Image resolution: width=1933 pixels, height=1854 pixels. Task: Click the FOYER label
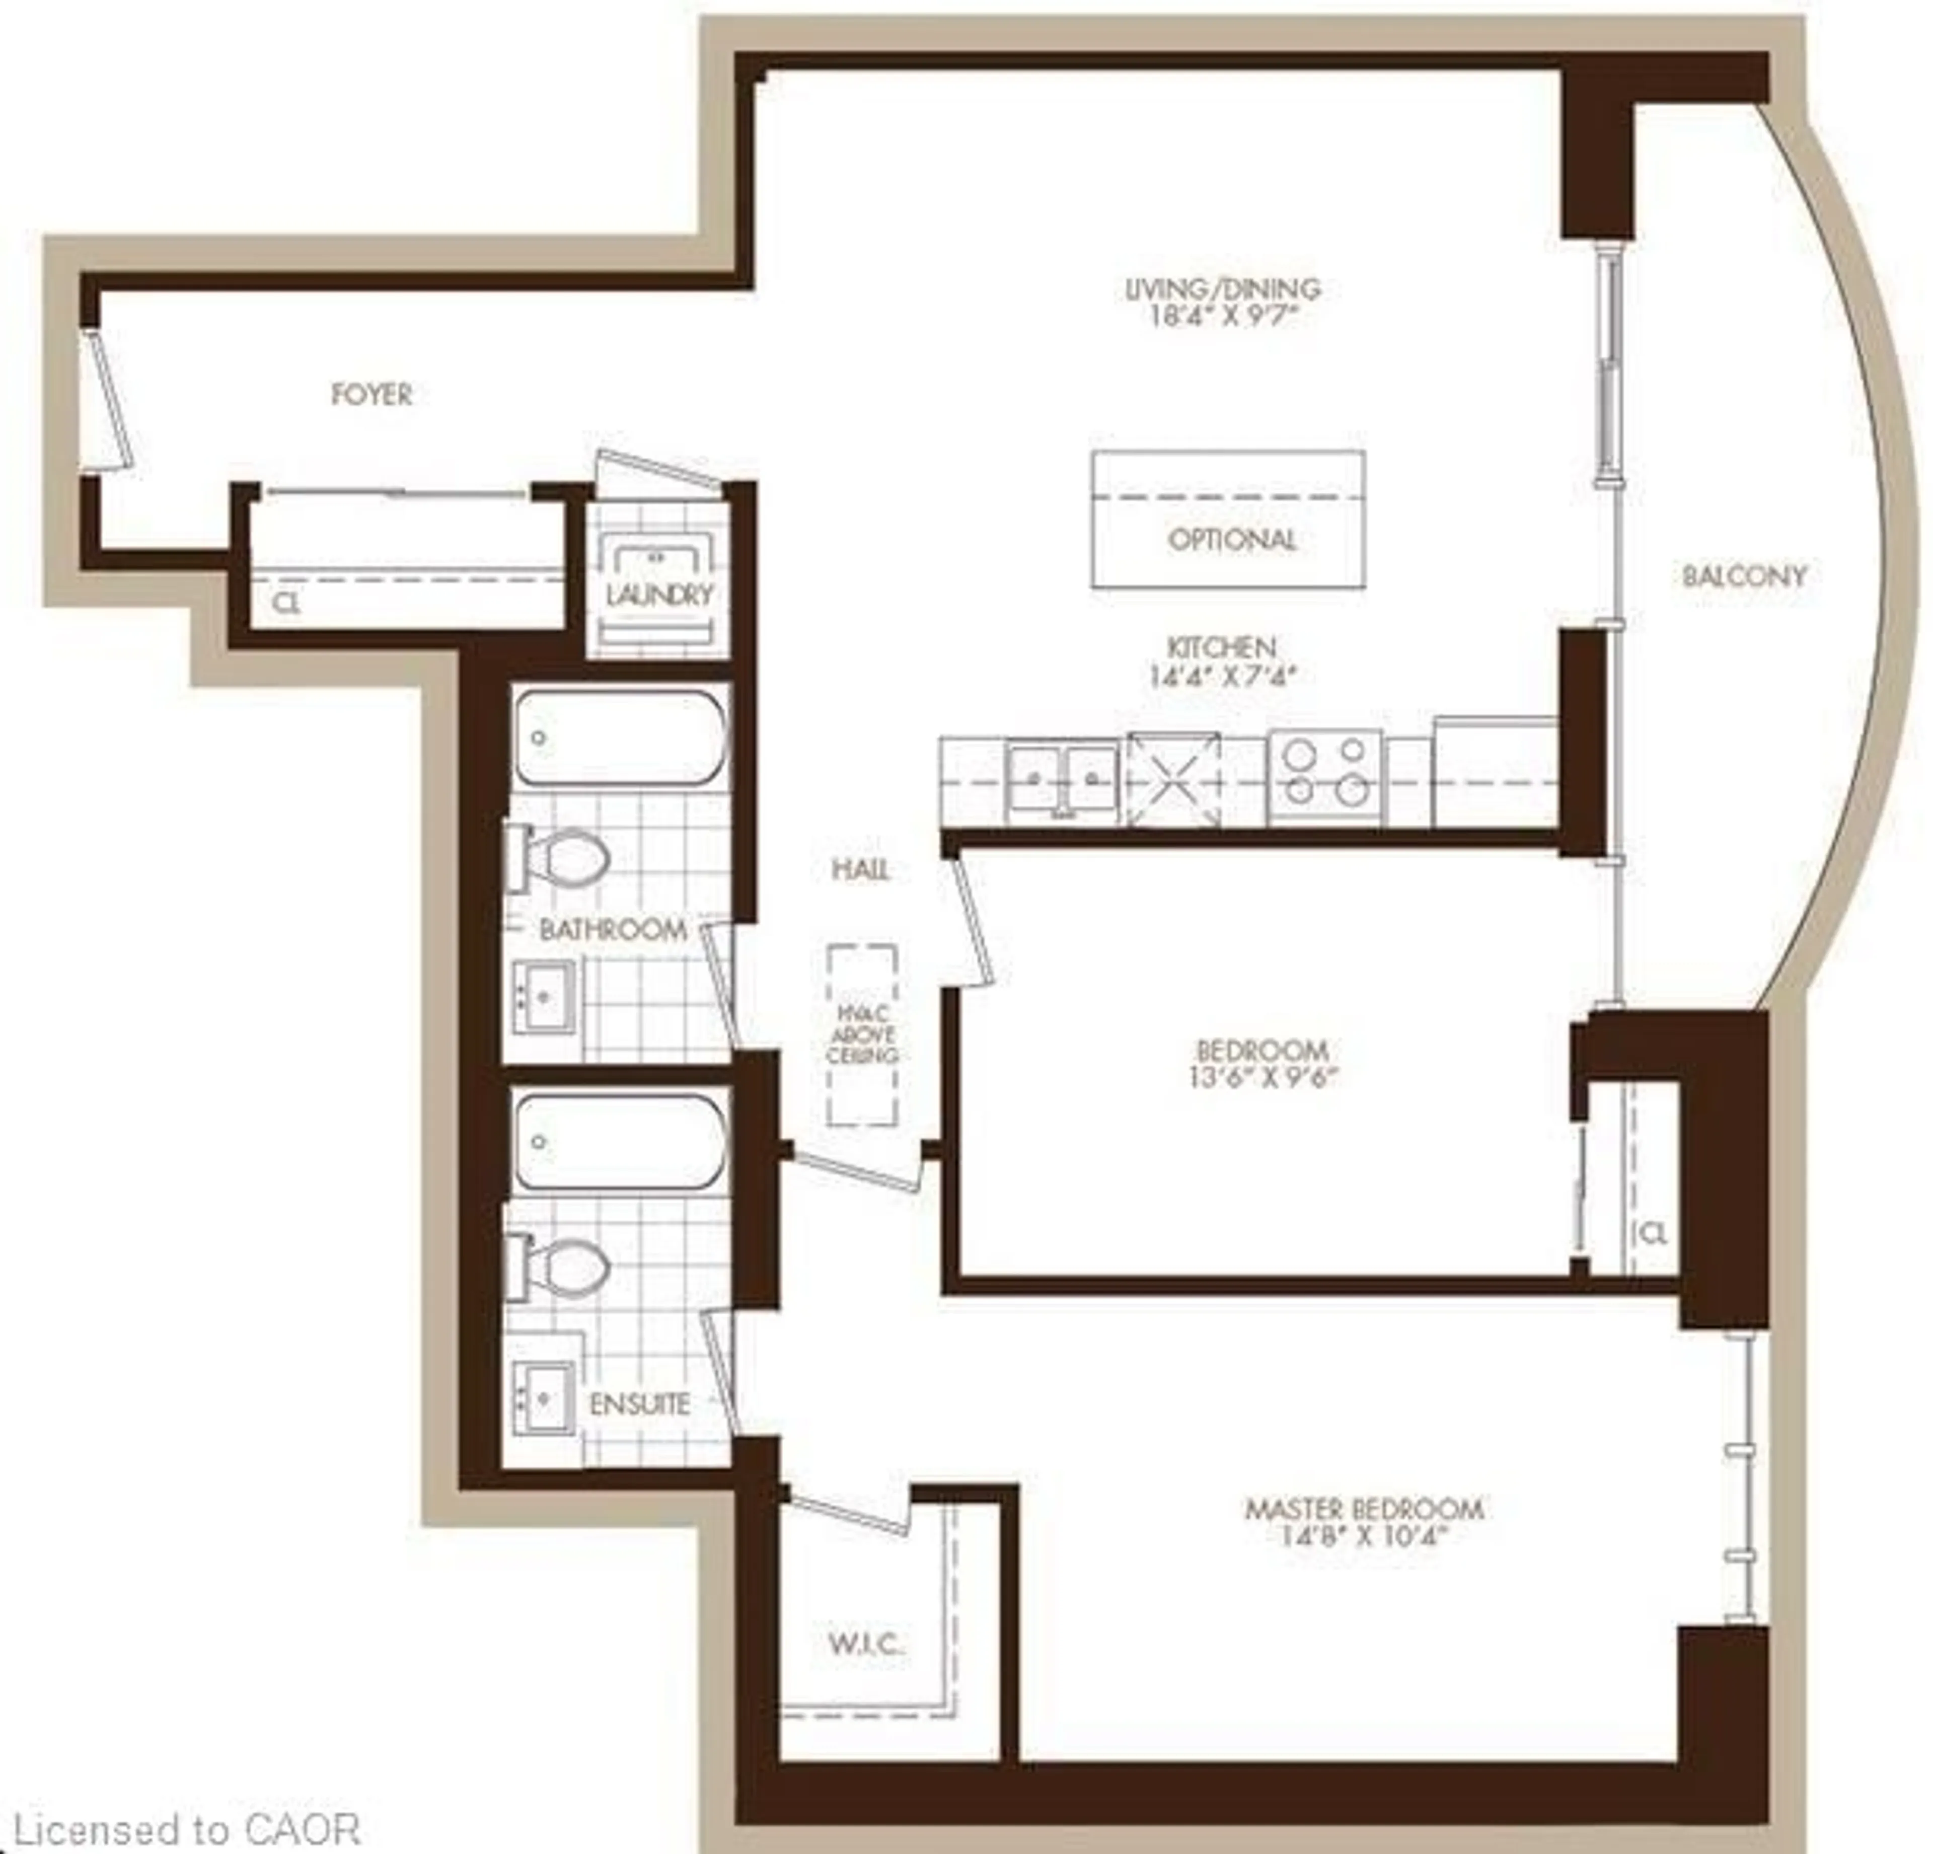(371, 395)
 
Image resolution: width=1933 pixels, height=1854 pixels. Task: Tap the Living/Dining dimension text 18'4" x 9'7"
(1223, 318)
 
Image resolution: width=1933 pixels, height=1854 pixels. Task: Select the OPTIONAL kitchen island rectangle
(1228, 520)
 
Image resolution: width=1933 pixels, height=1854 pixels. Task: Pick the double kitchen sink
(1062, 779)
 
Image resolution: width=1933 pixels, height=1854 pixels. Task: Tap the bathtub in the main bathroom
(619, 737)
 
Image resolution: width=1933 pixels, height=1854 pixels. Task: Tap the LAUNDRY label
(659, 595)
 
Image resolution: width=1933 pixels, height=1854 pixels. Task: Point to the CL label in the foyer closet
(288, 604)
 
